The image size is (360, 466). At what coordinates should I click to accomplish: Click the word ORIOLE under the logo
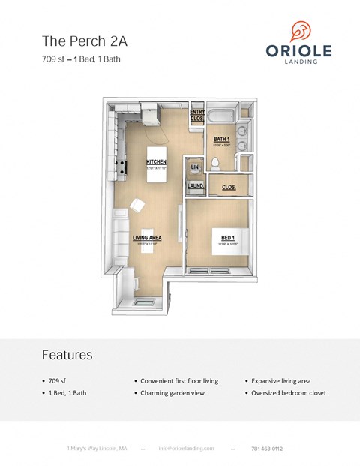[298, 51]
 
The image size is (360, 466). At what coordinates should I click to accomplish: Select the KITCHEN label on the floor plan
[156, 161]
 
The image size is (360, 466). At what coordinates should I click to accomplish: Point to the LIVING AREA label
[147, 239]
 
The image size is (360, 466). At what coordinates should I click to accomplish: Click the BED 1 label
[227, 238]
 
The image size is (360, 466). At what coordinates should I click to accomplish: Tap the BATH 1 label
[221, 139]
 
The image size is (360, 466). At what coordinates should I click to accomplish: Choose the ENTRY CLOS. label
[197, 115]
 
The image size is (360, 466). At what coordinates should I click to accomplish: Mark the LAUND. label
[196, 185]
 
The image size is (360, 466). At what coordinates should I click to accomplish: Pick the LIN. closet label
[195, 167]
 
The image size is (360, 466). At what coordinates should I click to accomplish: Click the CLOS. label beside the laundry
[229, 187]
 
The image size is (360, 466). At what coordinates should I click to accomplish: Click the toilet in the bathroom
[215, 163]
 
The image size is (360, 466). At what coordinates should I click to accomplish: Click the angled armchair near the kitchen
[139, 205]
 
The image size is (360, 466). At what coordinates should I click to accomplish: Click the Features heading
[67, 355]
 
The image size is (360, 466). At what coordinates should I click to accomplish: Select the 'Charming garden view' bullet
[178, 392]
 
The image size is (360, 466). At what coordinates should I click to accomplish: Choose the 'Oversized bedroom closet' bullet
[288, 392]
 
